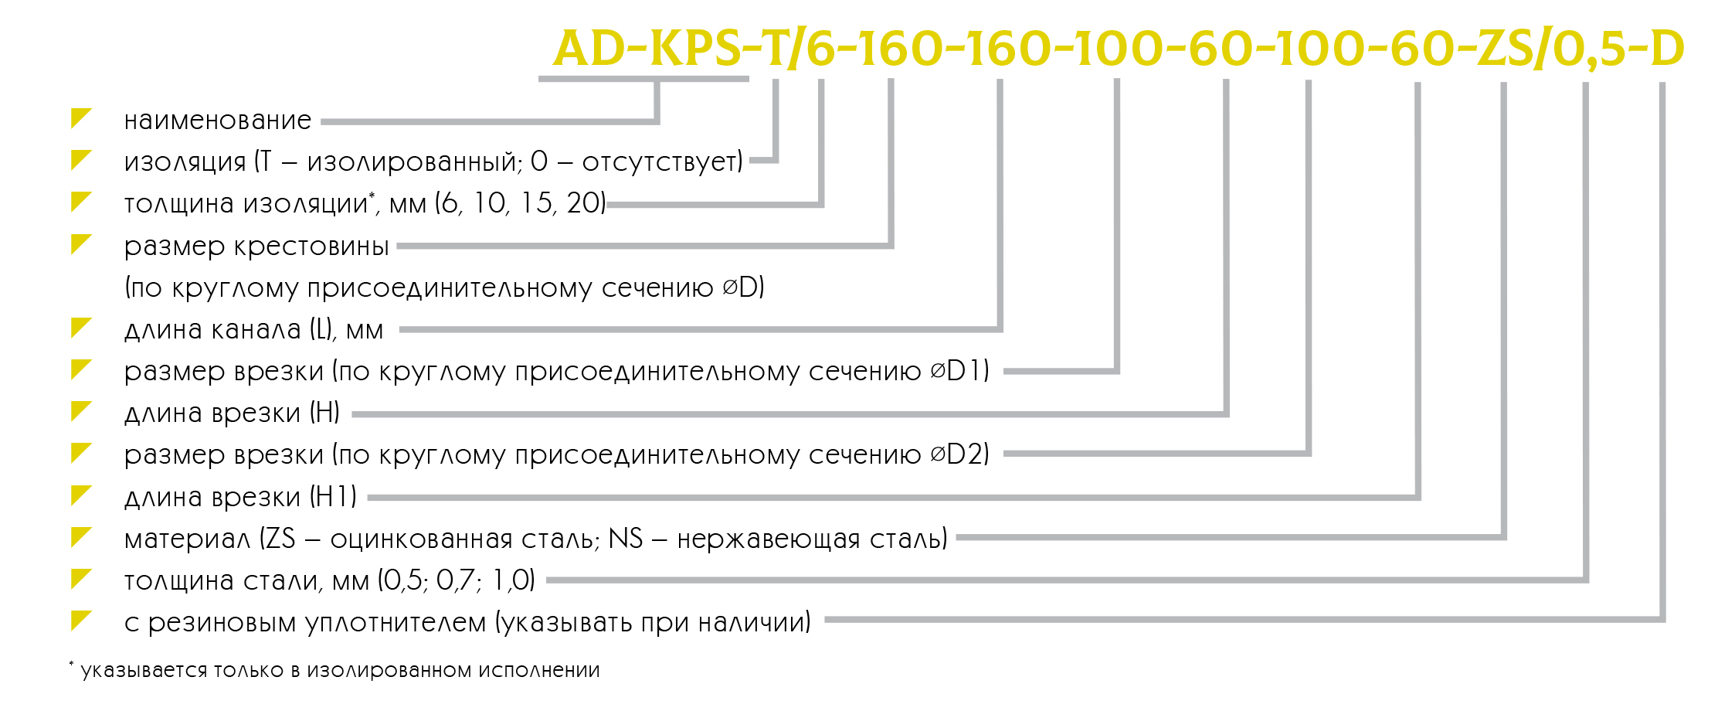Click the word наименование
(218, 121)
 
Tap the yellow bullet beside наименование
(80, 118)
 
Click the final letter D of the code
(1667, 48)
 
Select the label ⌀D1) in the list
(960, 371)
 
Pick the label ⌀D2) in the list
(960, 454)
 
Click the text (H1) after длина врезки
(334, 496)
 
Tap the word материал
(188, 539)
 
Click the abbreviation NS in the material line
(626, 538)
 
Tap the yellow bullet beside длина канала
(80, 328)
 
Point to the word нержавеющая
(769, 539)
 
